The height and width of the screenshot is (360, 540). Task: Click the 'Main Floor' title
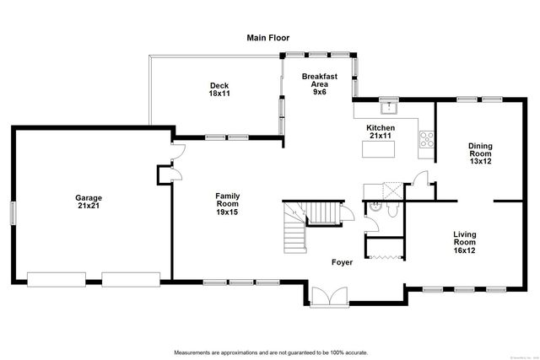pos(267,37)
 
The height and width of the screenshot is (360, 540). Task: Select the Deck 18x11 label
pos(219,89)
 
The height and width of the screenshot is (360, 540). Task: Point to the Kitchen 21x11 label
pos(379,132)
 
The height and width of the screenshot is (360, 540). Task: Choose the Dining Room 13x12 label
pos(480,153)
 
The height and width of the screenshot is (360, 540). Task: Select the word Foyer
pos(342,262)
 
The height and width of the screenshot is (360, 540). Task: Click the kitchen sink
pos(389,107)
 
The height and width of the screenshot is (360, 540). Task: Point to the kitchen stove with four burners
pos(427,138)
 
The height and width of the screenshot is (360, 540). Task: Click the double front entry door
pos(326,298)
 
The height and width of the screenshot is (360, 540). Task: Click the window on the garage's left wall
pos(12,212)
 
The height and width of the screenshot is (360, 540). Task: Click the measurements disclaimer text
pos(269,352)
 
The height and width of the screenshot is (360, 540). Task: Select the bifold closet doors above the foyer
pos(384,254)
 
